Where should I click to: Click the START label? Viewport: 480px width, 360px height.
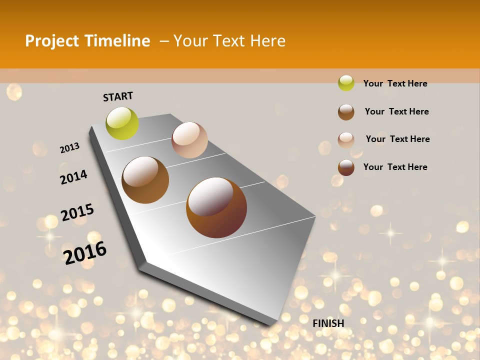pyautogui.click(x=118, y=96)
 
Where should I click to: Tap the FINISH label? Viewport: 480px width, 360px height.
pyautogui.click(x=328, y=323)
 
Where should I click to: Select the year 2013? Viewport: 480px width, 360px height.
pyautogui.click(x=69, y=148)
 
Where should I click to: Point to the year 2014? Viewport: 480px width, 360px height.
pyautogui.click(x=73, y=177)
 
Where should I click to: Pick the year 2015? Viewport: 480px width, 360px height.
pyautogui.click(x=77, y=212)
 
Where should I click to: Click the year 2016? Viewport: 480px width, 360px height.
pyautogui.click(x=85, y=252)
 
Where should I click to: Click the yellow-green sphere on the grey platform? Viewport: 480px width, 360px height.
pyautogui.click(x=122, y=123)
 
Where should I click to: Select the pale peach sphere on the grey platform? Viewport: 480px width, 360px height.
pyautogui.click(x=189, y=140)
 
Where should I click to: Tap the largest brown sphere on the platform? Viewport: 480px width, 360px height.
pyautogui.click(x=216, y=207)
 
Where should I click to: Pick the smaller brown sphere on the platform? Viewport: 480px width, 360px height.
pyautogui.click(x=145, y=180)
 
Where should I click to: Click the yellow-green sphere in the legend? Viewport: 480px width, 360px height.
pyautogui.click(x=346, y=83)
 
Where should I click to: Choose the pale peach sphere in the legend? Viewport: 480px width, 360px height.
pyautogui.click(x=346, y=140)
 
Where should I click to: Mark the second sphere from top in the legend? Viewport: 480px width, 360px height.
pyautogui.click(x=346, y=112)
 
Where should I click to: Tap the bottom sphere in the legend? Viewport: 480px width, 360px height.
pyautogui.click(x=346, y=167)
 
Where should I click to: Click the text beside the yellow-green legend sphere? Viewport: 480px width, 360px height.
pyautogui.click(x=395, y=83)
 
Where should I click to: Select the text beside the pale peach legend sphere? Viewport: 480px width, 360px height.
pyautogui.click(x=397, y=139)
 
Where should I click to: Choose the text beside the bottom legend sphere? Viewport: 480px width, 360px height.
pyautogui.click(x=395, y=167)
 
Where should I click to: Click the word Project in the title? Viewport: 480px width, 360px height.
pyautogui.click(x=52, y=41)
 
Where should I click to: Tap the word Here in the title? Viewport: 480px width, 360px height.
pyautogui.click(x=267, y=41)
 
